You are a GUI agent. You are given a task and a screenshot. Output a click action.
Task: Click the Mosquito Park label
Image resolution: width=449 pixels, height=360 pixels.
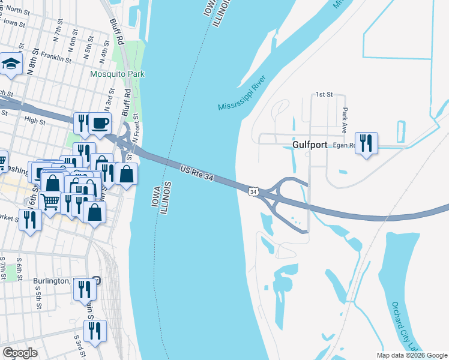click(118, 74)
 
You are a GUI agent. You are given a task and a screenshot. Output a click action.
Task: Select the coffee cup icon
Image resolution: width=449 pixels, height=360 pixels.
click(100, 124)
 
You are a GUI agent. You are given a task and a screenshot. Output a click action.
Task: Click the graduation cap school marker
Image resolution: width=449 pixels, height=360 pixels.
click(10, 64)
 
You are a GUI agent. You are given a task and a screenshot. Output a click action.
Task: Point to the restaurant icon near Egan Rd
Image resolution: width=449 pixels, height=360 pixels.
click(366, 143)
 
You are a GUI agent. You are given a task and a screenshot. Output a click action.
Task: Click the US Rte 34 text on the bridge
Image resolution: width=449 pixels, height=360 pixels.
click(197, 173)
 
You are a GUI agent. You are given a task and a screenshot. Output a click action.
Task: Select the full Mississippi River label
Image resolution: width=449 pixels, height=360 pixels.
click(242, 93)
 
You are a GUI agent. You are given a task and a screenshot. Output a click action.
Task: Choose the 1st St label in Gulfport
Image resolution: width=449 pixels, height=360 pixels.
click(324, 95)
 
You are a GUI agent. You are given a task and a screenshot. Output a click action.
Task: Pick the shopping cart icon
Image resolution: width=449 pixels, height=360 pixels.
click(50, 203)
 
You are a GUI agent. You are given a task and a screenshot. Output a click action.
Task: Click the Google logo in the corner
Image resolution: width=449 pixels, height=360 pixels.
click(20, 353)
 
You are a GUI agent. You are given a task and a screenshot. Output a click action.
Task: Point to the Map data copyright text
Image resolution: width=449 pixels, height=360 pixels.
click(411, 355)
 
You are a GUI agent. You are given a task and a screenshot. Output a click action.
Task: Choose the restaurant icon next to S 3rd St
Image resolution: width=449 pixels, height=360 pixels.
click(95, 331)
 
